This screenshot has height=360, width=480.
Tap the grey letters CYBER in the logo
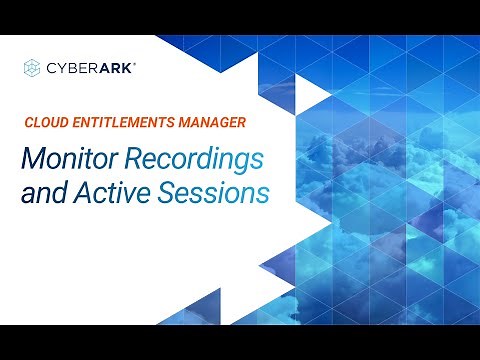coord(71,68)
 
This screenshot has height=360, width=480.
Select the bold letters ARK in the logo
coord(115,68)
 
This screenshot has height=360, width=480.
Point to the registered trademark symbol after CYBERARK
coord(135,63)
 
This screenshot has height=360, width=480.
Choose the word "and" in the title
coord(44,193)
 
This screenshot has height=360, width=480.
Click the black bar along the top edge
coord(240,16)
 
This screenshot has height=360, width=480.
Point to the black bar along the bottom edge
coord(240,342)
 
